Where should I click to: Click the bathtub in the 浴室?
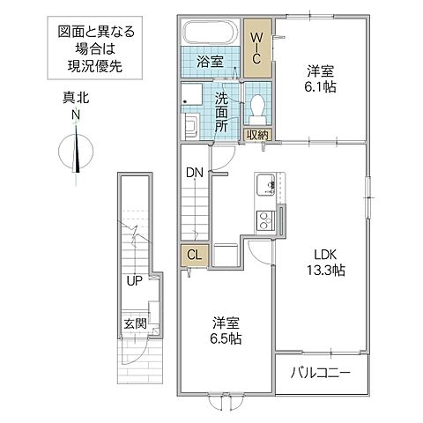click(210, 36)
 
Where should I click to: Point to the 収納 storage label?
click(257, 135)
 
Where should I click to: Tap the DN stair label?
click(194, 174)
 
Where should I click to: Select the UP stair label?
click(133, 283)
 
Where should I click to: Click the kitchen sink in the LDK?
click(265, 187)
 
